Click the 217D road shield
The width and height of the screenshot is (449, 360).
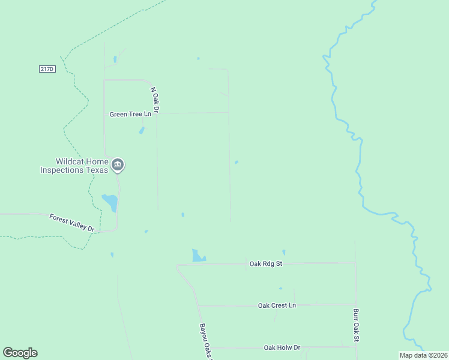[x=47, y=69]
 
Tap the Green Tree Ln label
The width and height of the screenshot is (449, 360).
[x=130, y=114]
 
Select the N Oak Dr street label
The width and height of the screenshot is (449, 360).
[x=154, y=101]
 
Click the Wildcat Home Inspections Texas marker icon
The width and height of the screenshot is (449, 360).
[x=118, y=164]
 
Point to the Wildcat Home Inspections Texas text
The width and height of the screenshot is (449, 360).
[x=74, y=166]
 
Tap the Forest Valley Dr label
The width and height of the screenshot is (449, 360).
[x=72, y=223]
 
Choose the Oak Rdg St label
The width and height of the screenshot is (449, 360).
[x=266, y=263]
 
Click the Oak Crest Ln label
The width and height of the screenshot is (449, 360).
[x=277, y=305]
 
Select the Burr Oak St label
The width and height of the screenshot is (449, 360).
[x=355, y=326]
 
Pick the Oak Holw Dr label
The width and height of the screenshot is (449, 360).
[x=282, y=348]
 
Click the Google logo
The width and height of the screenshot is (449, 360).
[x=20, y=353]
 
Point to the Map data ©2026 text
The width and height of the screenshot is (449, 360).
[x=423, y=355]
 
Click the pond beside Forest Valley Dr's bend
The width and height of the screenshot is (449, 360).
[x=110, y=202]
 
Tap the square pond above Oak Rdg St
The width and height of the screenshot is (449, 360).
[x=197, y=255]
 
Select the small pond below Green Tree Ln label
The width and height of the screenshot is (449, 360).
[x=142, y=130]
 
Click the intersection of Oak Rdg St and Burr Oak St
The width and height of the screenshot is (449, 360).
[x=355, y=262]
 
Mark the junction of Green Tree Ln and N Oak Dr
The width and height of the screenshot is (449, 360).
[x=156, y=113]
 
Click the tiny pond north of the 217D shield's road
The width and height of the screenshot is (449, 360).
[x=115, y=59]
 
